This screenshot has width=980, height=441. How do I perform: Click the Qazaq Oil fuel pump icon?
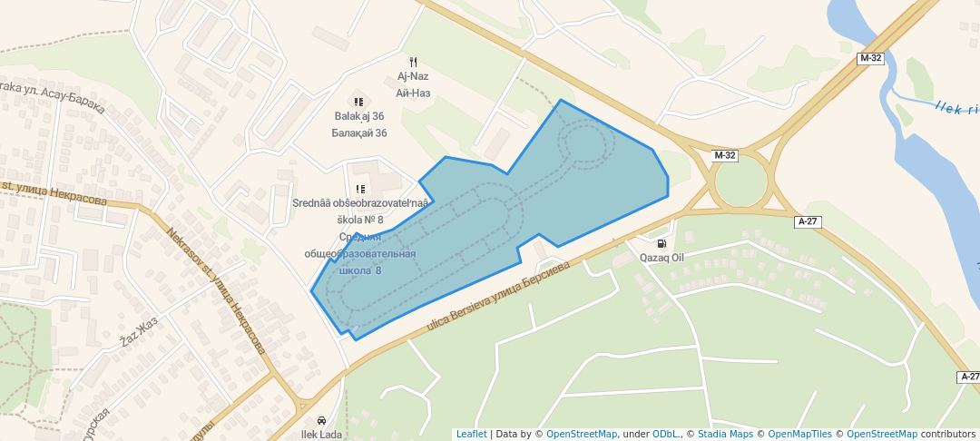(x=661, y=243)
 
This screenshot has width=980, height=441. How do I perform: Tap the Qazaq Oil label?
(x=661, y=258)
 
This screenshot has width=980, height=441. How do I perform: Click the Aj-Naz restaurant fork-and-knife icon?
(x=413, y=62)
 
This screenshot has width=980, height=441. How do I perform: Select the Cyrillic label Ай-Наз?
(x=413, y=93)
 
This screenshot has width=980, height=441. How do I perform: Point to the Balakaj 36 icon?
(x=358, y=102)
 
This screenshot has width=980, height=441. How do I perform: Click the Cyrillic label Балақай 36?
(x=359, y=132)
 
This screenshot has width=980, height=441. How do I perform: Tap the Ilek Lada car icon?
(x=321, y=420)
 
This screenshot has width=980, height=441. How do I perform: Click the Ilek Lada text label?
(x=321, y=435)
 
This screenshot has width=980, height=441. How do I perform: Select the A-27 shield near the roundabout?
(x=808, y=221)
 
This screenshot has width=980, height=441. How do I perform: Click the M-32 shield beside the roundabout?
(x=725, y=155)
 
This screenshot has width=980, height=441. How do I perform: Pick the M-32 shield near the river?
(x=869, y=58)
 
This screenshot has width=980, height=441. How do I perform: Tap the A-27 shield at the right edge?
(x=968, y=377)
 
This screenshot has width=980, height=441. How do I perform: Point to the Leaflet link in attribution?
(x=471, y=434)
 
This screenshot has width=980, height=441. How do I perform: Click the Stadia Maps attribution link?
(x=725, y=434)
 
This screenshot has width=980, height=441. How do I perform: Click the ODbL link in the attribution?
(x=666, y=434)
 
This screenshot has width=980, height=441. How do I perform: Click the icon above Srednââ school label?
(x=360, y=189)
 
